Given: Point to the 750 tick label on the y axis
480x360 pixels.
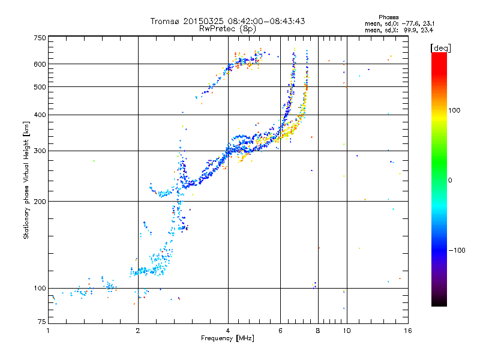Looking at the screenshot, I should tap(40, 37).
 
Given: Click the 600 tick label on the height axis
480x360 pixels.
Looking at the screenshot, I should tap(40, 64).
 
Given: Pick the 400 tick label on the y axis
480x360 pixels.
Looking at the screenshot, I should tap(40, 115).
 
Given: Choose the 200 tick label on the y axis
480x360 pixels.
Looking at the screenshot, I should tap(40, 202).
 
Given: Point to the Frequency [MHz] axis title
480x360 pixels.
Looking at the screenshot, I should tap(227, 338).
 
